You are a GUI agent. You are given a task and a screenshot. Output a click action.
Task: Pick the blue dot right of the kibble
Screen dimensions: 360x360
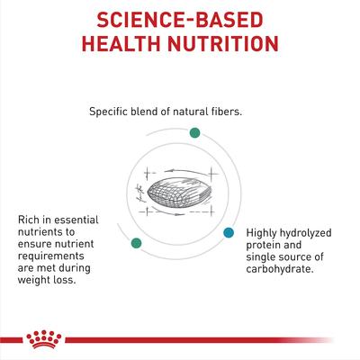tap(229, 233)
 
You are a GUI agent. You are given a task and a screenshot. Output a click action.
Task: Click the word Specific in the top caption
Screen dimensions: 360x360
tap(112, 112)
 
